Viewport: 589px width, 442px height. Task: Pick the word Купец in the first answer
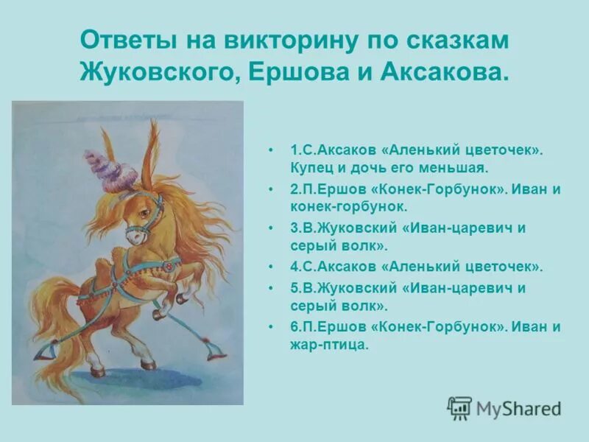310,167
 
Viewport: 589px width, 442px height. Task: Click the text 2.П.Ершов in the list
324,189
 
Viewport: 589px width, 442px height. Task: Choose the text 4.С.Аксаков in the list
329,267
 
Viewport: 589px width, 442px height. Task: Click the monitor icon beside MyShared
460,407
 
